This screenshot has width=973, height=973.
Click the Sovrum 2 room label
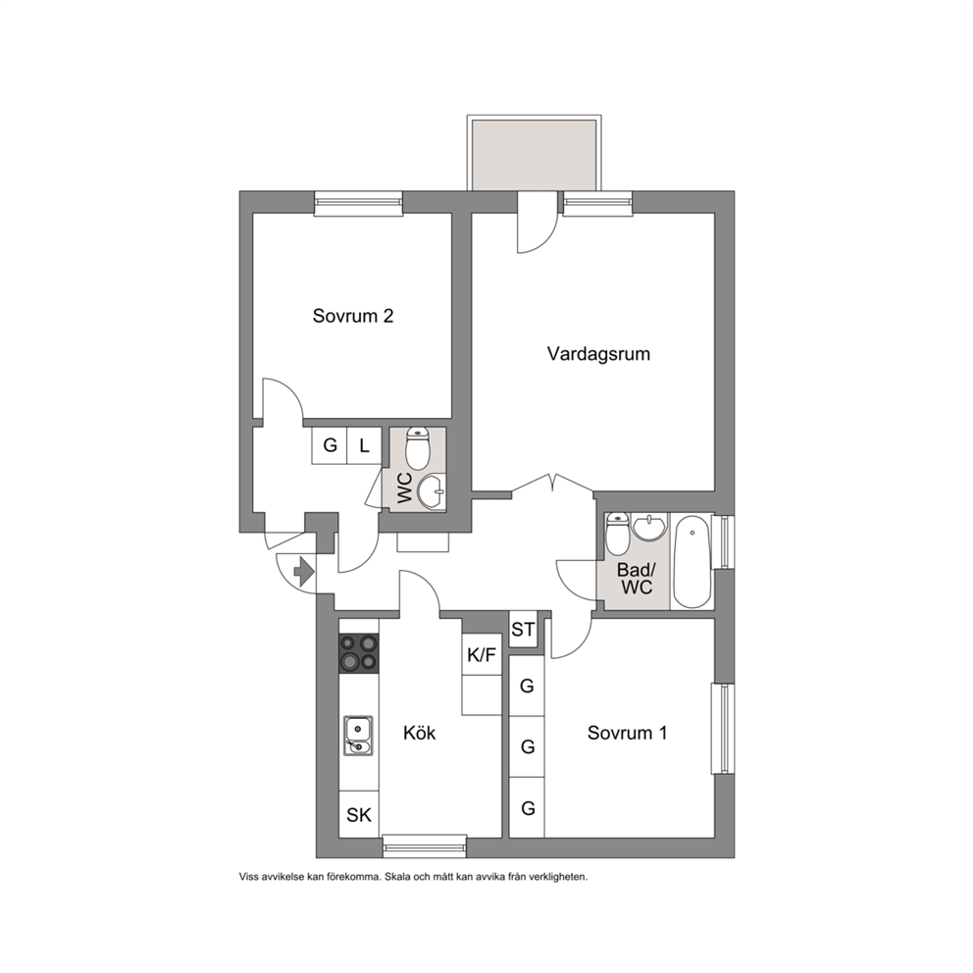click(352, 316)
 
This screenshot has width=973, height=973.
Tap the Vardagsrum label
click(598, 354)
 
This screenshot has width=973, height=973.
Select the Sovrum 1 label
click(627, 733)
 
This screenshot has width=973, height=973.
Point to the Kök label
click(420, 733)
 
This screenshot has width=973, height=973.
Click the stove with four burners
click(359, 652)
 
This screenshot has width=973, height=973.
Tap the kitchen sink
click(358, 736)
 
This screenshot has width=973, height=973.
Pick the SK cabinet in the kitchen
click(359, 814)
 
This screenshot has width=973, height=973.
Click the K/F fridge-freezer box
click(482, 654)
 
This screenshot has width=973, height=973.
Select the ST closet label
click(523, 630)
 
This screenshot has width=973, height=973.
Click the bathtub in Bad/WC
click(691, 561)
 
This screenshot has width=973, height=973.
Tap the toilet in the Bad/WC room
click(617, 534)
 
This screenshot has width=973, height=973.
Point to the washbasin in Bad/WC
click(649, 528)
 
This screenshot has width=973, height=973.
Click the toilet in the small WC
click(417, 449)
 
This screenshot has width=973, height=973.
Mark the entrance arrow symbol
click(303, 572)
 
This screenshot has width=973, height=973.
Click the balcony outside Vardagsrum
click(535, 153)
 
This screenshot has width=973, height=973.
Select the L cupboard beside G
click(364, 445)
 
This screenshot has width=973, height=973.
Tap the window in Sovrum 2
click(358, 203)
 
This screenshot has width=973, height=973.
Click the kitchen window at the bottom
click(425, 846)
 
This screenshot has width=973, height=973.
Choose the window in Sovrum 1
click(723, 729)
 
